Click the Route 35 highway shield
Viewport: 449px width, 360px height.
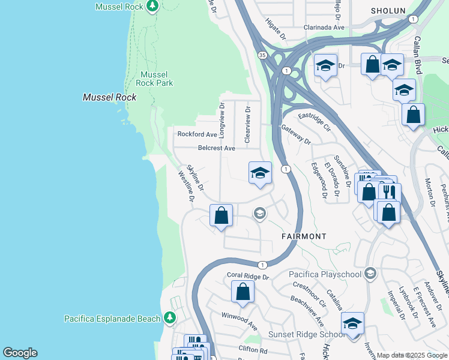262,55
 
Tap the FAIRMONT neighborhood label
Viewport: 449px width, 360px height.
304,236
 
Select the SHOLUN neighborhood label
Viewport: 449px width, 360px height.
388,11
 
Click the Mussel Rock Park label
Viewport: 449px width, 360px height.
156,79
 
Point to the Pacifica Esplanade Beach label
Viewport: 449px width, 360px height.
112,319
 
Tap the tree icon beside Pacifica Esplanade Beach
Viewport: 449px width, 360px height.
170,318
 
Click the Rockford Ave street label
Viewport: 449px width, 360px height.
196,134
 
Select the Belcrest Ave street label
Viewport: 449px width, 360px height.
217,148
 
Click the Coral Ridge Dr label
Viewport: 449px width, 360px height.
248,276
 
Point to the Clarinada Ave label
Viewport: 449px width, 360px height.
324,28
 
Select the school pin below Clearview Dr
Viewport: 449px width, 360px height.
260,173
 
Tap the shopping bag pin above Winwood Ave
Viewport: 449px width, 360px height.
243,292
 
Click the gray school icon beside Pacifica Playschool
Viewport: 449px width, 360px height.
370,274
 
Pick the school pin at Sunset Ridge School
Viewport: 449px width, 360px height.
352,323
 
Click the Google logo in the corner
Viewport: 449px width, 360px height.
20,353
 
